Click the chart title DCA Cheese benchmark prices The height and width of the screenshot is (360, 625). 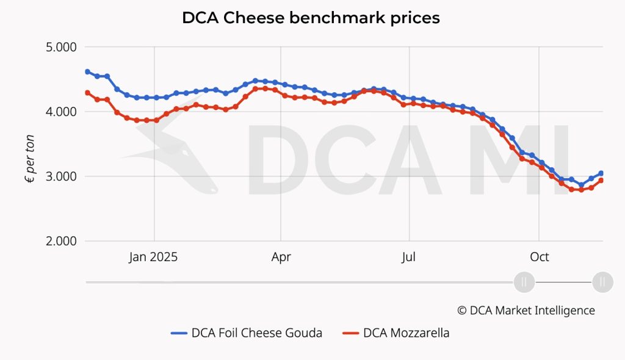311,18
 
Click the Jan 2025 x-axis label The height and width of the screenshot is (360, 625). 153,257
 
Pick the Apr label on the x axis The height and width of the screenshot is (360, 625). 281,257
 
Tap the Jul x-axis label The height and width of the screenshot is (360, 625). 409,257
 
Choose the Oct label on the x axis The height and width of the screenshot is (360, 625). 539,257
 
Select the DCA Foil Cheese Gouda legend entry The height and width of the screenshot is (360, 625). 247,333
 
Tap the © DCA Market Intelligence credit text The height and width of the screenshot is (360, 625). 526,310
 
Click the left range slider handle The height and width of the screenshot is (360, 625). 524,282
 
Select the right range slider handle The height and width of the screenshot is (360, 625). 602,282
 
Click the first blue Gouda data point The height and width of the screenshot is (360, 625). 87,72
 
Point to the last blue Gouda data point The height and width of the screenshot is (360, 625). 601,173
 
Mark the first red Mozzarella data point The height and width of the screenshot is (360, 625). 87,93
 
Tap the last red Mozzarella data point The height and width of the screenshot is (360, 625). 601,181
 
